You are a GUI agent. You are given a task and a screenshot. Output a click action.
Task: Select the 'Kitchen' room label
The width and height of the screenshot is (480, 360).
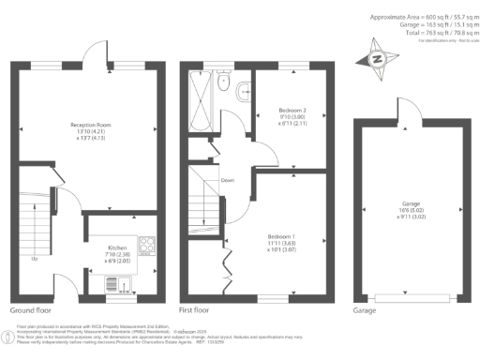tap(117, 248)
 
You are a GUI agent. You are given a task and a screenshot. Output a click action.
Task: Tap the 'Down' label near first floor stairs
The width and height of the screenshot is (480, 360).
tap(226, 180)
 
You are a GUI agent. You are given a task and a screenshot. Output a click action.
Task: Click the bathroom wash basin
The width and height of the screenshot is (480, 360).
tap(244, 90)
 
